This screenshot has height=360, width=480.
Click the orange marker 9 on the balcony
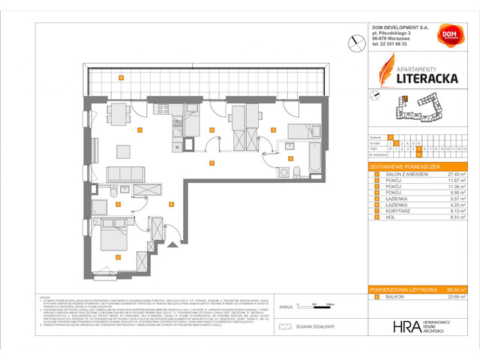click(x=121, y=78)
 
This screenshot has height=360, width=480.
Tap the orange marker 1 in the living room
click(x=139, y=130)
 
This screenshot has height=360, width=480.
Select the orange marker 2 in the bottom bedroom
click(x=117, y=257)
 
